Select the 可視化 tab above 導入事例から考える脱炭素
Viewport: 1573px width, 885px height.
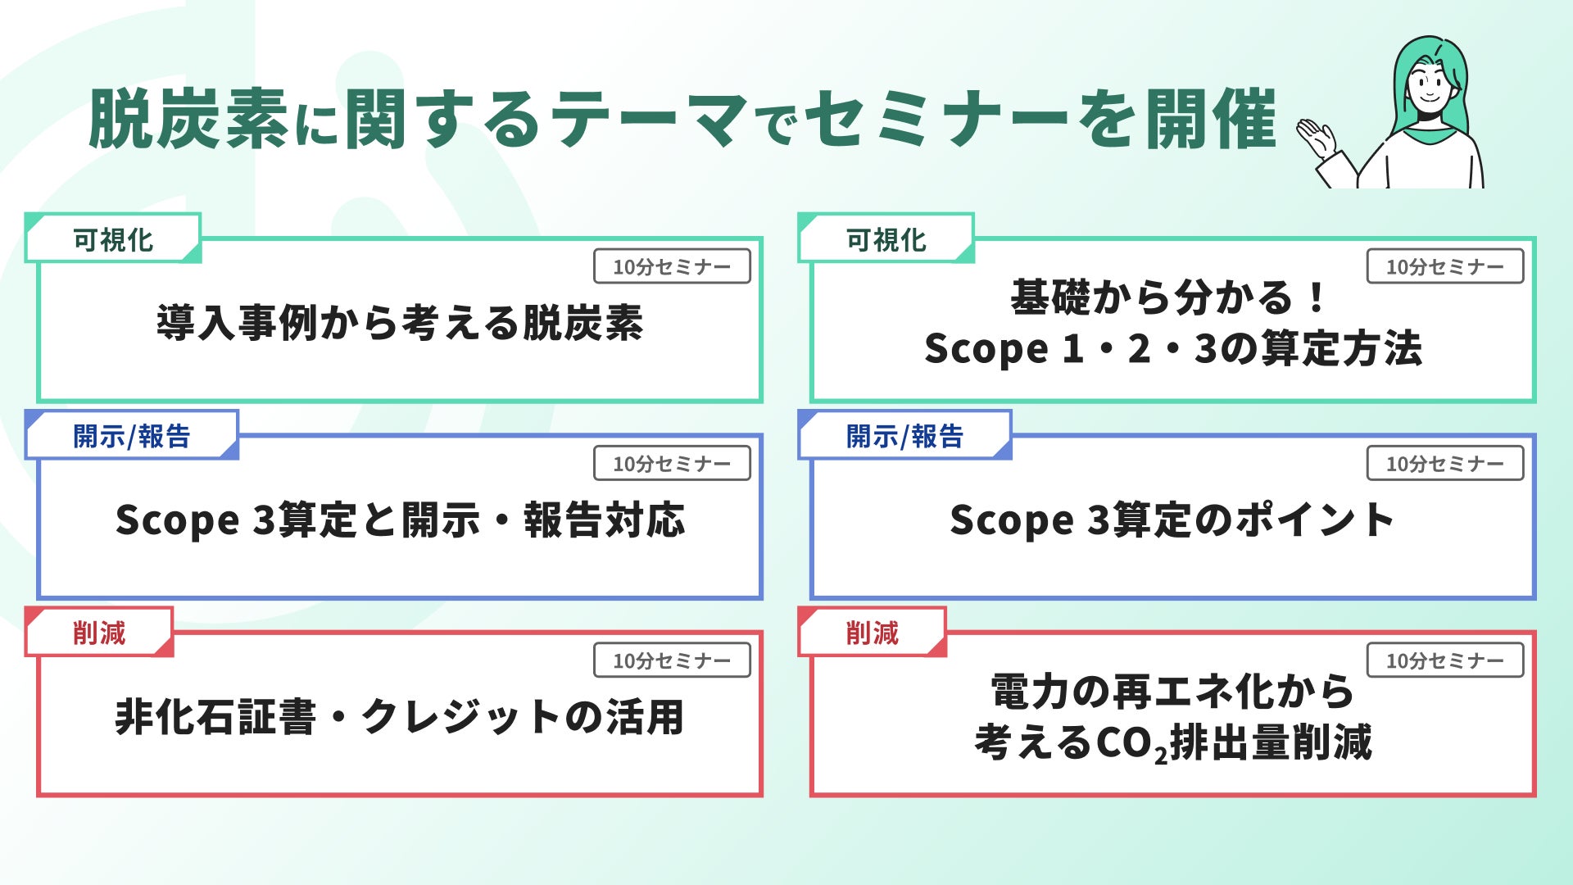[113, 239]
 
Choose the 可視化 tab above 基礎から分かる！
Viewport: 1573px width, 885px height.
[886, 239]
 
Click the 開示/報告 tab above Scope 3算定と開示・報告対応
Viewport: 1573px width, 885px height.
[131, 436]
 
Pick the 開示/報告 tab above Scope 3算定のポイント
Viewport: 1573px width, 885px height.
[904, 436]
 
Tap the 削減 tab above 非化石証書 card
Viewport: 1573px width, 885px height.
[99, 633]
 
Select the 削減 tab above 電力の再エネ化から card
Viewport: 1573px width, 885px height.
[873, 633]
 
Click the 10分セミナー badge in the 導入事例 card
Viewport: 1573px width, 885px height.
[672, 267]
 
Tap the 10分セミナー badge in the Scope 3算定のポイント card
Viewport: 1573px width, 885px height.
[1444, 464]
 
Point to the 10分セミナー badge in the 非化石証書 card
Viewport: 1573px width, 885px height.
[672, 660]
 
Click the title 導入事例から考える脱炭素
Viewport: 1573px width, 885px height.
[400, 323]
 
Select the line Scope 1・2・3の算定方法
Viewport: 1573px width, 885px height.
[1172, 349]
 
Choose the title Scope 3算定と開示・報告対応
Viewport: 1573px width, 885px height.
[400, 520]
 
